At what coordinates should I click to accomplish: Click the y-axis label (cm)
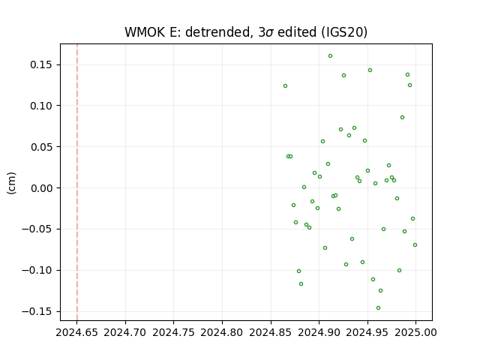coord(11,183)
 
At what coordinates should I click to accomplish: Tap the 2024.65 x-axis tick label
coord(76,332)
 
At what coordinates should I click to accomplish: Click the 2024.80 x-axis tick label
coord(222,332)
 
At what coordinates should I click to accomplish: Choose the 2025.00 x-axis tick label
coord(415,332)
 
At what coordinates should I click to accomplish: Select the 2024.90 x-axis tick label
coord(319,332)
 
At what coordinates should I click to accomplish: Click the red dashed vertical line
coord(77,182)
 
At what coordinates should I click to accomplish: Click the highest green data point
coord(330,56)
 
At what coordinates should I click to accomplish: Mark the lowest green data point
coord(378,308)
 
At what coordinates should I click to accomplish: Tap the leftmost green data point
coord(285,86)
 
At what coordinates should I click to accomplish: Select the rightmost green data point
coord(415,245)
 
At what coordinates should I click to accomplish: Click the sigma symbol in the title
coord(269,33)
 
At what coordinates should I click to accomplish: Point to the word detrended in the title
coord(217,32)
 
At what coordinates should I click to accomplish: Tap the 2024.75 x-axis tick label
coord(173,332)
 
